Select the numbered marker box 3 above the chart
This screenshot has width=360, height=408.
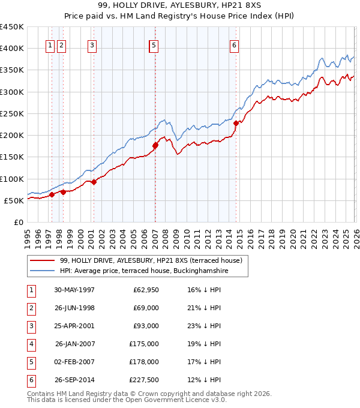(92, 44)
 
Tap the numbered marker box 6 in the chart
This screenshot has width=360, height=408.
(234, 44)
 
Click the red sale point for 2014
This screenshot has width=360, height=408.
(236, 123)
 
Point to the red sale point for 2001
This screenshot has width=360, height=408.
(94, 182)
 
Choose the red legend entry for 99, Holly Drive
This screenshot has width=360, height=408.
(151, 260)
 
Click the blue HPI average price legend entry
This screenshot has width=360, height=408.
(144, 271)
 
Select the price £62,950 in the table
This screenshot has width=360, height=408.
(144, 290)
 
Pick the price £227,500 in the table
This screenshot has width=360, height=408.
(144, 380)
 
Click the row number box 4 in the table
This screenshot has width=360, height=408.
(29, 344)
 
